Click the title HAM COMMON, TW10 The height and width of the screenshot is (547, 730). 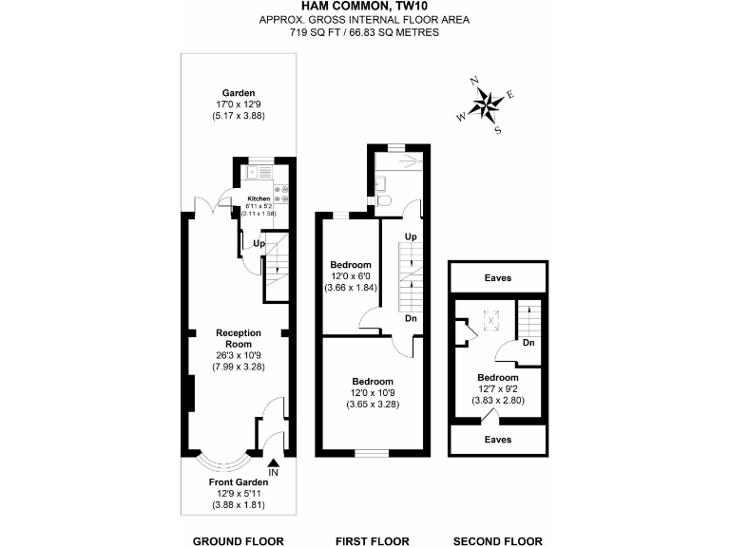pyautogui.click(x=364, y=7)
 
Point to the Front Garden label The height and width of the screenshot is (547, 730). pyautogui.click(x=239, y=482)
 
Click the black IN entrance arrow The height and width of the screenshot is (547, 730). pyautogui.click(x=273, y=462)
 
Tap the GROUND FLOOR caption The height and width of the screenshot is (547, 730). pyautogui.click(x=239, y=541)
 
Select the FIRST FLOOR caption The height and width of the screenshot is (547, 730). pyautogui.click(x=373, y=541)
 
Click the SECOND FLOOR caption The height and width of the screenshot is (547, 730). pyautogui.click(x=497, y=541)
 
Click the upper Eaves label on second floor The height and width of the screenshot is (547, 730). pyautogui.click(x=497, y=278)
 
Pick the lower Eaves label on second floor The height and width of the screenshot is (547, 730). pyautogui.click(x=497, y=440)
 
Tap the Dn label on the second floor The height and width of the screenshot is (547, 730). pyautogui.click(x=528, y=343)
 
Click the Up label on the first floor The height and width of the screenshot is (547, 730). pyautogui.click(x=411, y=236)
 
